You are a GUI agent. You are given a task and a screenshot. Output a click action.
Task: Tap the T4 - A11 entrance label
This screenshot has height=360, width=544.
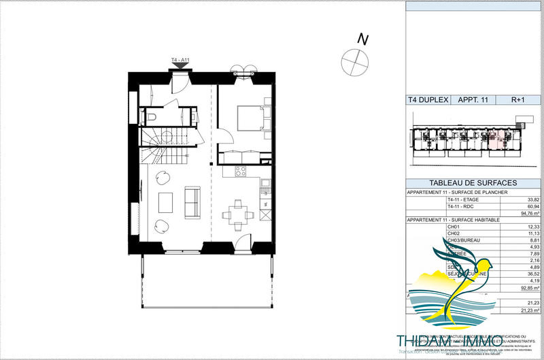[x=180, y=61]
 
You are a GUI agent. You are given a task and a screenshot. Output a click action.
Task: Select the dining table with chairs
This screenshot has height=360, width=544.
[x=237, y=214]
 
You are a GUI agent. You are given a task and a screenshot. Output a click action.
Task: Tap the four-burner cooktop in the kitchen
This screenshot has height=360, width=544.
[x=239, y=171]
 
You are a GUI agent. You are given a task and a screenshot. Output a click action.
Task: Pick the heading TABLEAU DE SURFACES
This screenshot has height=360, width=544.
[x=473, y=183]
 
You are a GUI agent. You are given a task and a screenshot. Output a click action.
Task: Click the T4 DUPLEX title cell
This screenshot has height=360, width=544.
[x=428, y=99]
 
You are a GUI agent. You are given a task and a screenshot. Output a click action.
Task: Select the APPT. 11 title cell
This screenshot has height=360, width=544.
[x=475, y=99]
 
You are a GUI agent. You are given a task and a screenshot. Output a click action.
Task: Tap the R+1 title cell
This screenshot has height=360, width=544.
[x=519, y=99]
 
